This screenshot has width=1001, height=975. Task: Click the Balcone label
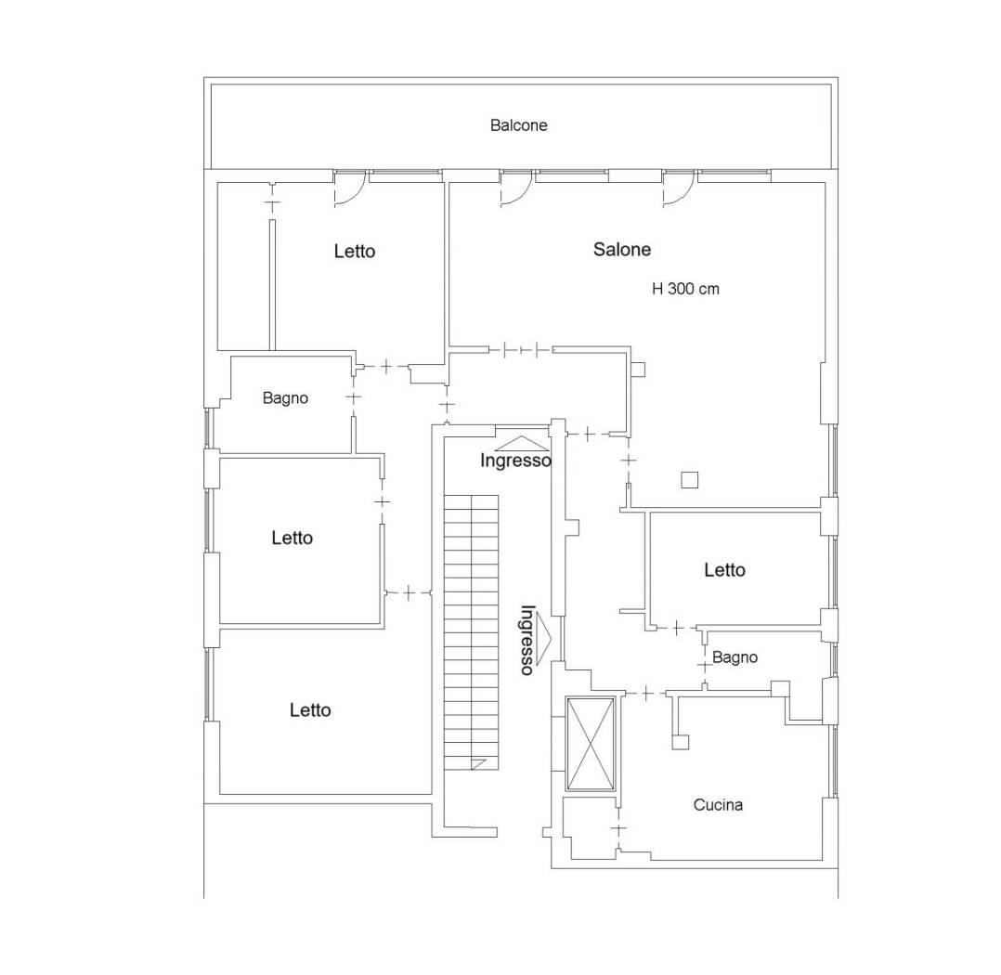coord(518,125)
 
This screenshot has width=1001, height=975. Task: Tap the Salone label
coord(622,249)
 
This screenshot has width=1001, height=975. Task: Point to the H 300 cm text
coord(685,289)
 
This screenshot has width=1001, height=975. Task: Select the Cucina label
coord(718,804)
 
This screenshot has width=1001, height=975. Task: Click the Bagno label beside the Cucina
coord(734,657)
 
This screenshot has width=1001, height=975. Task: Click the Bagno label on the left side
coord(285,397)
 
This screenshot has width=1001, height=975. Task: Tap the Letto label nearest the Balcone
coord(355,251)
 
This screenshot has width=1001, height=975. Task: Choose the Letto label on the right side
coord(724,569)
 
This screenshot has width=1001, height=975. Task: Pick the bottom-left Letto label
coord(309,710)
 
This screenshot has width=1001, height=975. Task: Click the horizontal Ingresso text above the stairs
coord(515,461)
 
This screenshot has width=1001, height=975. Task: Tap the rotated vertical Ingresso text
coord(527,640)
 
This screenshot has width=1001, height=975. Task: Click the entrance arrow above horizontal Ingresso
coord(522,443)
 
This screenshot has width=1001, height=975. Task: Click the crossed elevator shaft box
coord(591,745)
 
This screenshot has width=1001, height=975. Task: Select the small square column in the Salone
coord(689,479)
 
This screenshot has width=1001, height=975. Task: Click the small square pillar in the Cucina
coord(681,742)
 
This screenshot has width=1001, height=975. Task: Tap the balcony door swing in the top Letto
coord(350,190)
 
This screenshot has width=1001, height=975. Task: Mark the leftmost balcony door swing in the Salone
coord(516,190)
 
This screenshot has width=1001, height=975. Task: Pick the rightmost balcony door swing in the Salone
coord(679,190)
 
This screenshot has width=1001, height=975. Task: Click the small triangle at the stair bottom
coord(477,763)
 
